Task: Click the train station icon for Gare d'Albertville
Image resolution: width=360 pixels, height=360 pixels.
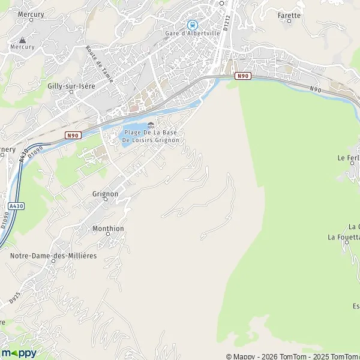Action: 192,25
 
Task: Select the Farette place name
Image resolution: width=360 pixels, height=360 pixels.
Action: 289,15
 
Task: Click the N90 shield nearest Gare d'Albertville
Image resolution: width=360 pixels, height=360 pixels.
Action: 242,76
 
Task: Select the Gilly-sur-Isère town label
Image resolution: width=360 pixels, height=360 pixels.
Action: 71,86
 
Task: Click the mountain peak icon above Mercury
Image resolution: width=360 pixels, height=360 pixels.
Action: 14,39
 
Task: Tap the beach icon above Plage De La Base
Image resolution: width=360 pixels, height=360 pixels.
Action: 151,125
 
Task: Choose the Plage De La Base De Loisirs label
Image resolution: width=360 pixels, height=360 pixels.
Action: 151,136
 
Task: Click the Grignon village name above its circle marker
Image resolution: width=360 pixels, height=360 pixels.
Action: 105,194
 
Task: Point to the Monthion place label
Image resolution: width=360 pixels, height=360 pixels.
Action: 108,229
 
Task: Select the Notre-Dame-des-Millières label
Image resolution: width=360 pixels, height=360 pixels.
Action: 53,256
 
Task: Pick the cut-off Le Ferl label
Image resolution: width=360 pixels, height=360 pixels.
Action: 349,158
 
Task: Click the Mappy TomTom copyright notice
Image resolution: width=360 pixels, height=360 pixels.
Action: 292,356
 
